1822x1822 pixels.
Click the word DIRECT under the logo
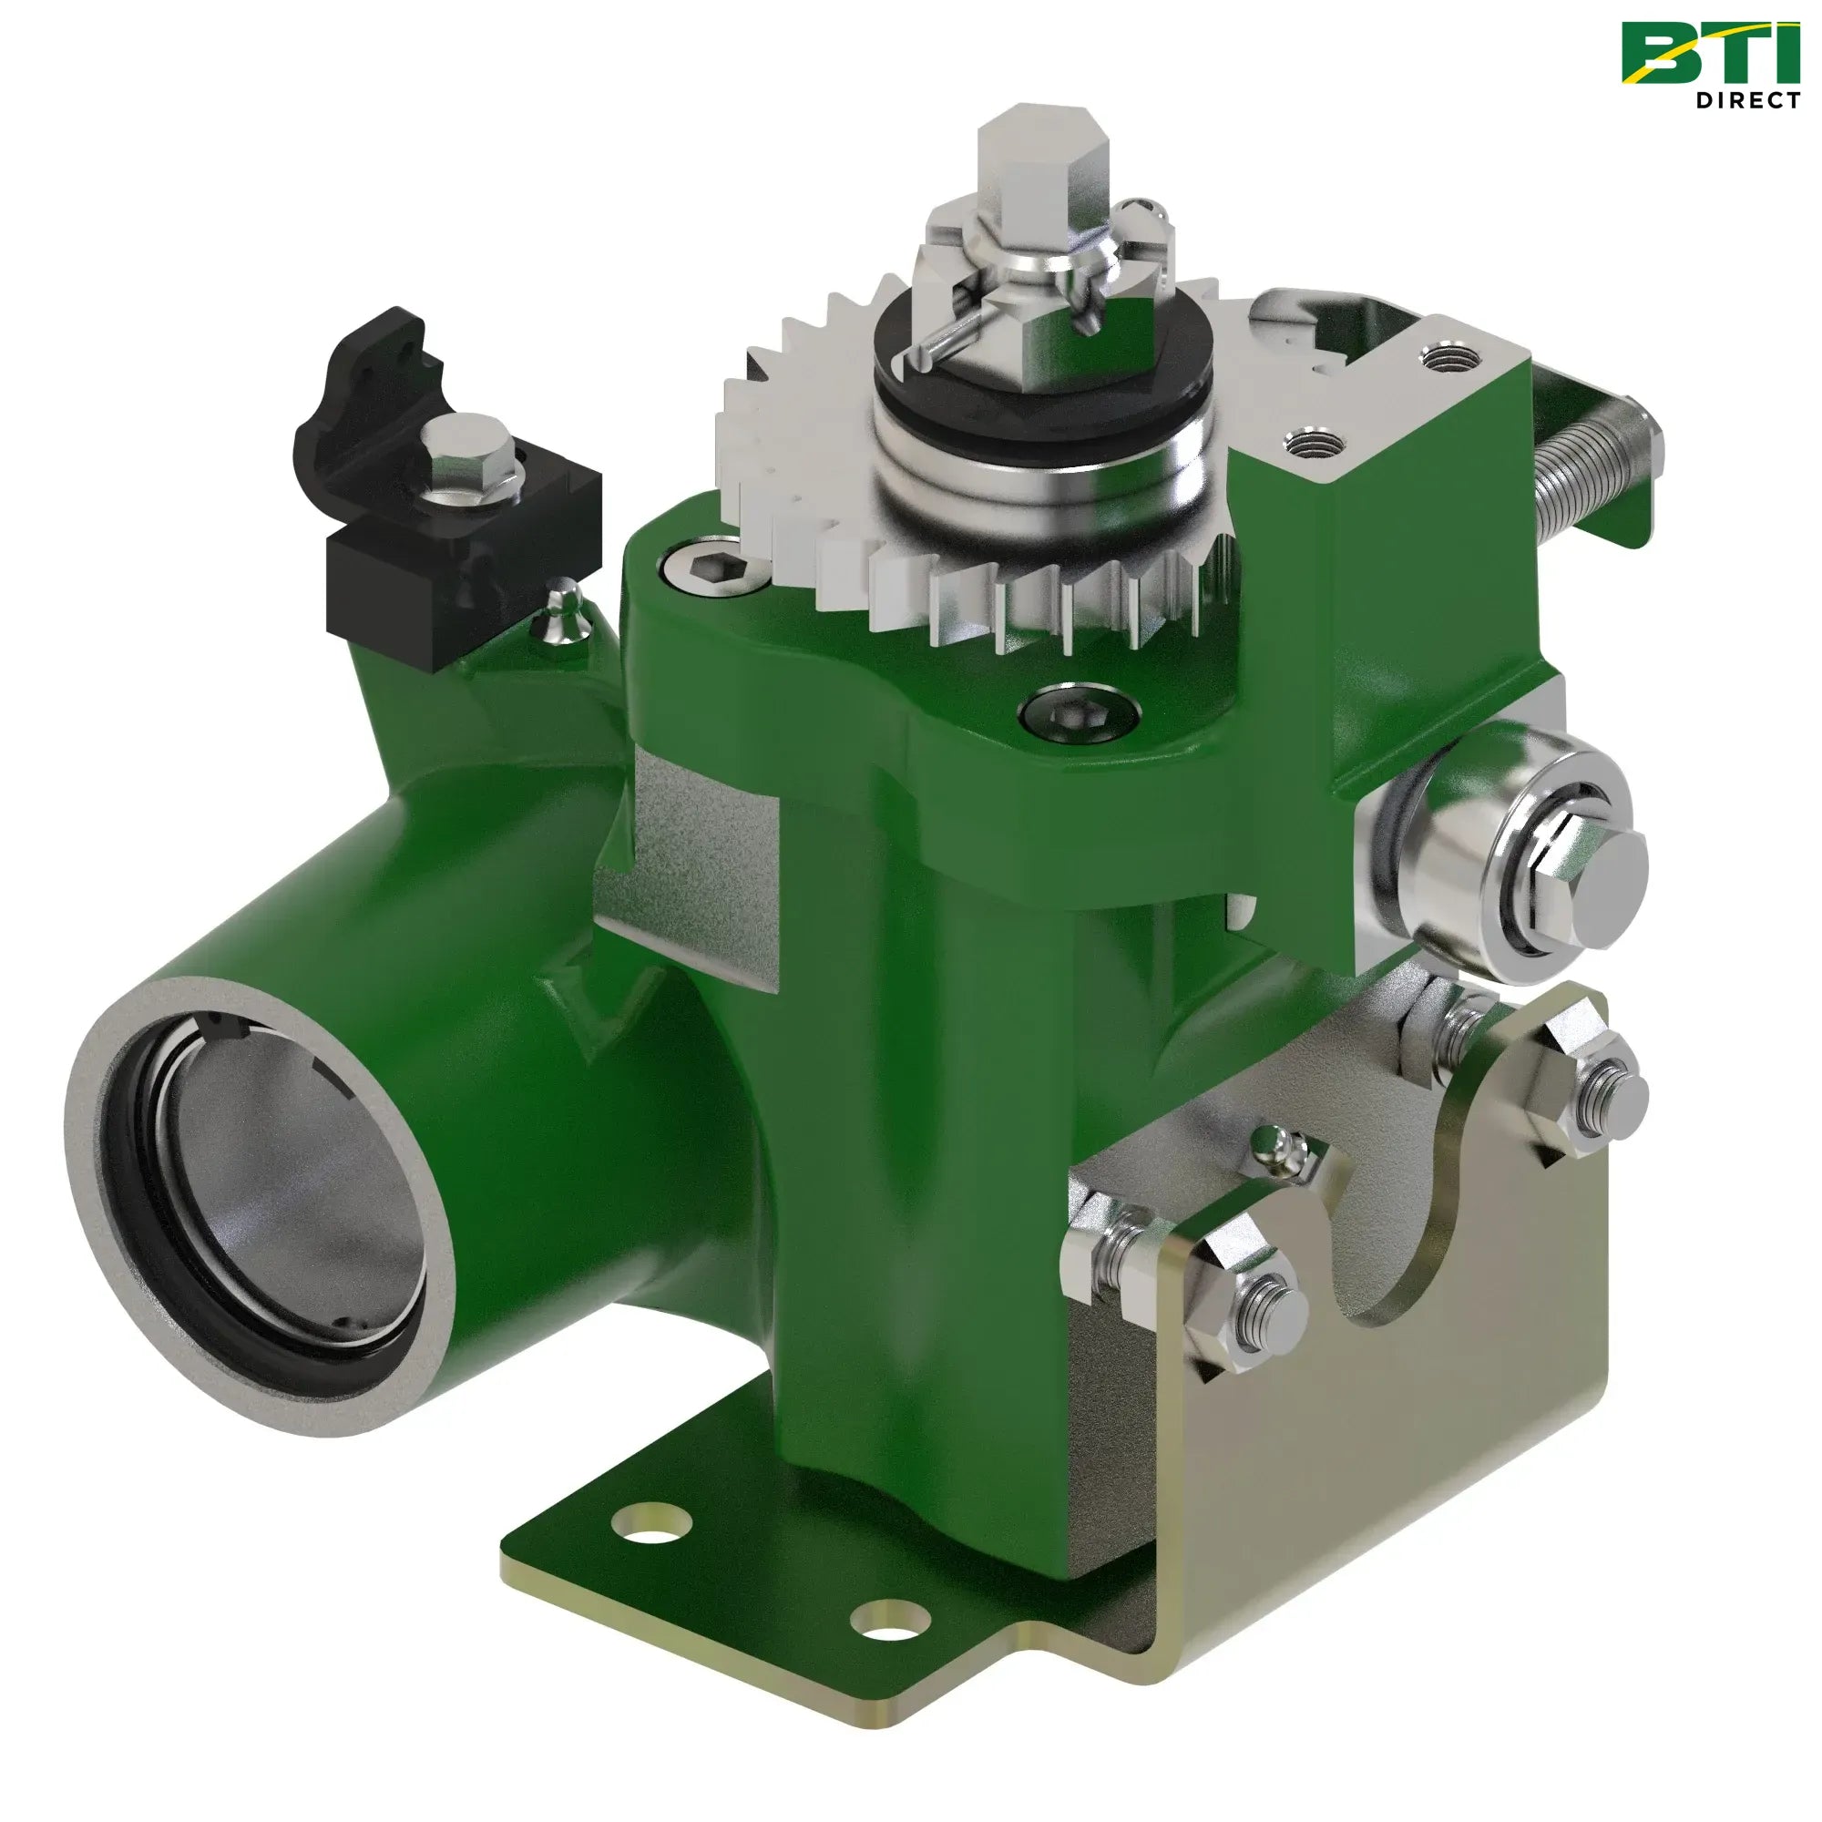(1747, 100)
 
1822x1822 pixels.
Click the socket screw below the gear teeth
(1081, 713)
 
